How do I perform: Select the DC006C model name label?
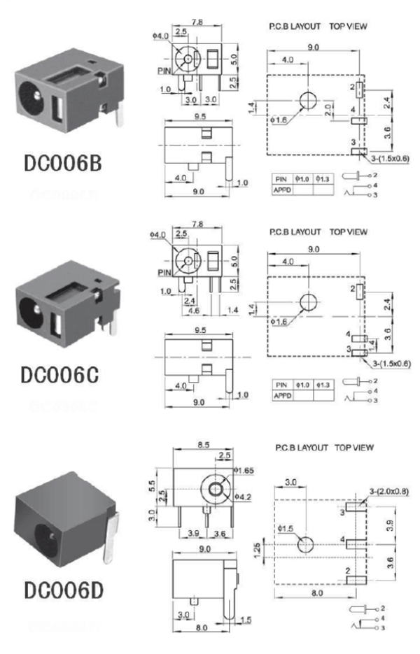[62, 375]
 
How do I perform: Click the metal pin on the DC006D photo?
[112, 535]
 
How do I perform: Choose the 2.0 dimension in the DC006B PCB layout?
[329, 108]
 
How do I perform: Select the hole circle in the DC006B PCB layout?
[307, 101]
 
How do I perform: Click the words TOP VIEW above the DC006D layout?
[354, 447]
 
